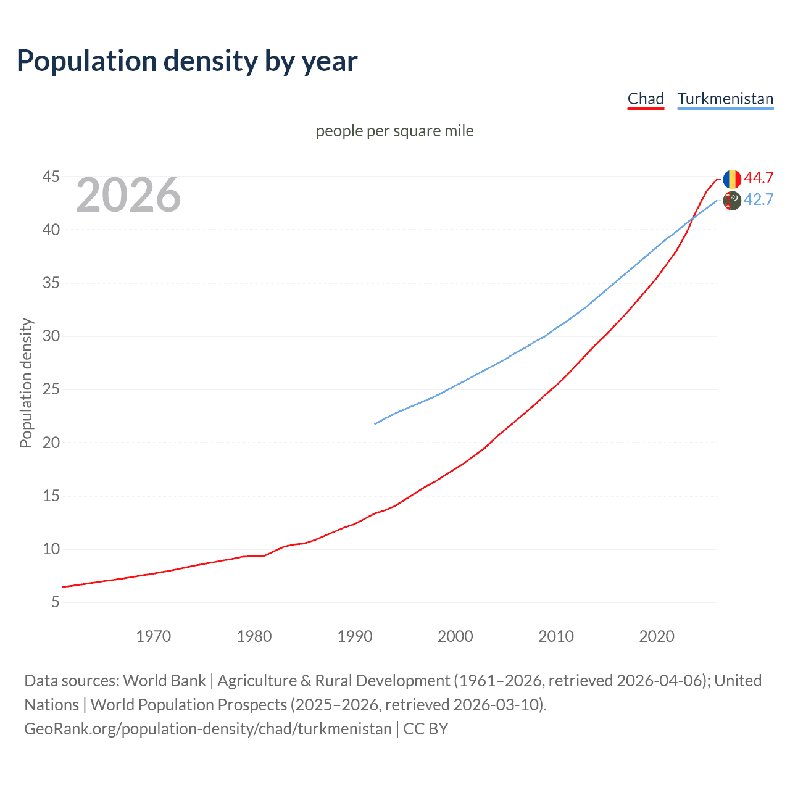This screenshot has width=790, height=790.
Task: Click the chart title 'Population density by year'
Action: coord(187,61)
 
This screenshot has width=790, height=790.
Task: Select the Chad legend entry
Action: coord(646,99)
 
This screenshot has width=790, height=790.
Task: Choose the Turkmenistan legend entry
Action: coord(725,99)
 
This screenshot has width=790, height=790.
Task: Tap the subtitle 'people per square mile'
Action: coord(395,131)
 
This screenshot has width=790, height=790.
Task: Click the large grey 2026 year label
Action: coord(128,195)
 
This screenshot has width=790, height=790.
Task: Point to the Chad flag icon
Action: coord(732,179)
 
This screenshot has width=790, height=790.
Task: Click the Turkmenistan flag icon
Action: coord(732,201)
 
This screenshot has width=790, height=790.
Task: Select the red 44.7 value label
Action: coord(759,178)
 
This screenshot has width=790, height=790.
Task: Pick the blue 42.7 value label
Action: coord(759,199)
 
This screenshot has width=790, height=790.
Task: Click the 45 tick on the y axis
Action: coord(51,177)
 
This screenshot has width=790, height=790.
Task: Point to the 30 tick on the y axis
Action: coord(51,336)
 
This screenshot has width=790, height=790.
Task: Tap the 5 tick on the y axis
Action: coord(56,602)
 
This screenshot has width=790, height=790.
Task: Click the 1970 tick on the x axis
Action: coord(153,636)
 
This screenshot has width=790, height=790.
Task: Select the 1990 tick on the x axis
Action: coord(354,636)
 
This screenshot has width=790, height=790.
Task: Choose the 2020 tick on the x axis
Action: coord(657,636)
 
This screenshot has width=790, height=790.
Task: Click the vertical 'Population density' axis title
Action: coord(26,383)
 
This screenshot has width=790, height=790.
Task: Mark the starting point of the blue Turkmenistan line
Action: coord(375,423)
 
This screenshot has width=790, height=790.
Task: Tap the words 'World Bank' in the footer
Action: coord(164,681)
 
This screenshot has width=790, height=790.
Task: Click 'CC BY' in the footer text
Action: coord(425,729)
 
